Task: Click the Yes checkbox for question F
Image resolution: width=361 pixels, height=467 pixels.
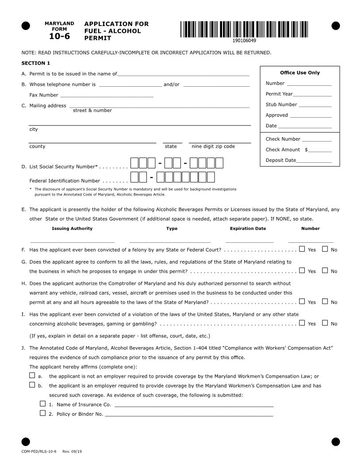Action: (x=302, y=249)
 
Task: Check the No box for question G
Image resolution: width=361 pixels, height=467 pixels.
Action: (x=325, y=270)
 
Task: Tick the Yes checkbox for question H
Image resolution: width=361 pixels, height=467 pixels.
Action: (x=302, y=302)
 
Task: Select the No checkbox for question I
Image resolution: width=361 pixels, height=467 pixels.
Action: (x=325, y=323)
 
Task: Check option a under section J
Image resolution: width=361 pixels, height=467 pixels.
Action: (x=32, y=375)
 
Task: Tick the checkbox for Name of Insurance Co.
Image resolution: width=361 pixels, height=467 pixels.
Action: (x=42, y=404)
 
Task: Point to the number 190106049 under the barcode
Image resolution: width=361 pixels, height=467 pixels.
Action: (x=244, y=41)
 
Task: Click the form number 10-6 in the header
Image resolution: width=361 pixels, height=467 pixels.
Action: (x=59, y=36)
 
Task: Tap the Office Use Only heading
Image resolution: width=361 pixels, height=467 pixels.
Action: (x=300, y=73)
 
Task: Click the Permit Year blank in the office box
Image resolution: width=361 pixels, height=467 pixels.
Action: (x=312, y=94)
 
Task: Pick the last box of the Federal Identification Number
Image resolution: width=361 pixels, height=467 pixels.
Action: (x=211, y=177)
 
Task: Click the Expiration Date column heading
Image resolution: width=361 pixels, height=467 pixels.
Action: (x=248, y=229)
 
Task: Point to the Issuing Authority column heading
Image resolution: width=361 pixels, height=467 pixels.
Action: (x=72, y=229)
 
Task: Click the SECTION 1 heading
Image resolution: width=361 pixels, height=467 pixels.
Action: (x=36, y=63)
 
